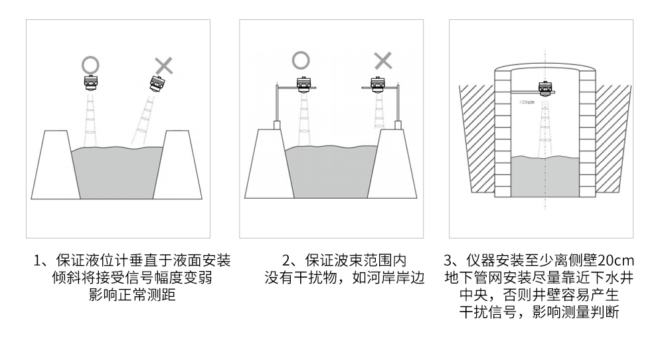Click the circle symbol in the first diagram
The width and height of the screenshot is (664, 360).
[90, 64]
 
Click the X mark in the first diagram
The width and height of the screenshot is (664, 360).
[163, 65]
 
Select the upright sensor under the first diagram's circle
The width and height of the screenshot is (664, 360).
[90, 84]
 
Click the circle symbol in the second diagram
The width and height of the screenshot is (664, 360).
[301, 60]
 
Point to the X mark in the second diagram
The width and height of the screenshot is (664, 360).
[383, 60]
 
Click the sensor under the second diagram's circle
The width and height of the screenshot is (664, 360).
[303, 85]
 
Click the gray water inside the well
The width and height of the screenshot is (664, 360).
[544, 176]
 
